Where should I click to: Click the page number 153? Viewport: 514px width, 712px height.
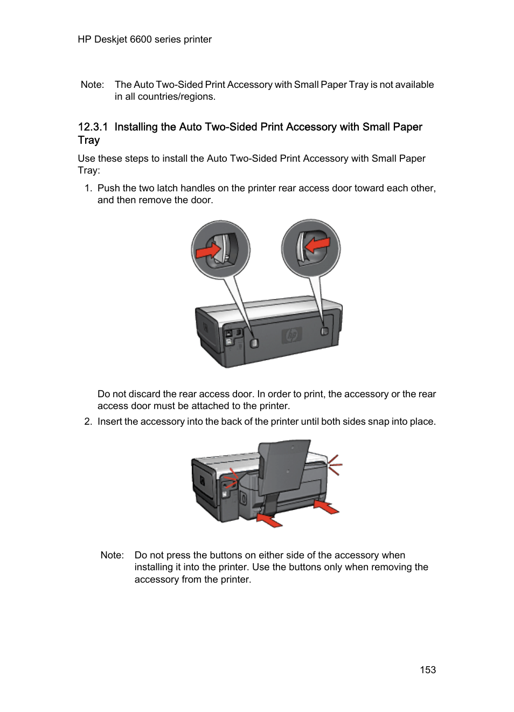pos(428,669)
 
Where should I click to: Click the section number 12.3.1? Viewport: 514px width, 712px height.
pos(93,127)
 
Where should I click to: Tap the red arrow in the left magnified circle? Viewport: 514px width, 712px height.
pos(209,251)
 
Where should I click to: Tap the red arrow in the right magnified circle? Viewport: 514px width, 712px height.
pos(317,244)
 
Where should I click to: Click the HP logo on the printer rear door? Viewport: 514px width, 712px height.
pos(291,336)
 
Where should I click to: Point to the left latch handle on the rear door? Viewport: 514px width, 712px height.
pos(255,343)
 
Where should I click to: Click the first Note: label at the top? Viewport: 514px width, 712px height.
pos(92,85)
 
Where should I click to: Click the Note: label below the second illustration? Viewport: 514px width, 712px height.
pos(112,555)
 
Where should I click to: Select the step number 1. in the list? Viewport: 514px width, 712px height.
pos(88,188)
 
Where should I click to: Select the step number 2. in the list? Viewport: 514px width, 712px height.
pos(88,421)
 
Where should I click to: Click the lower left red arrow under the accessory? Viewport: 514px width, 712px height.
pos(269,520)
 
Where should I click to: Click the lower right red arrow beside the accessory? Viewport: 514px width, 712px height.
pos(327,507)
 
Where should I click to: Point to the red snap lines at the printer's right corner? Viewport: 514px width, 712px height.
pos(335,465)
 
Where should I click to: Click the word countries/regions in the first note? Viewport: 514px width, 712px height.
pos(176,97)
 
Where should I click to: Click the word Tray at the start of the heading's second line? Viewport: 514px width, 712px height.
pos(88,140)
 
